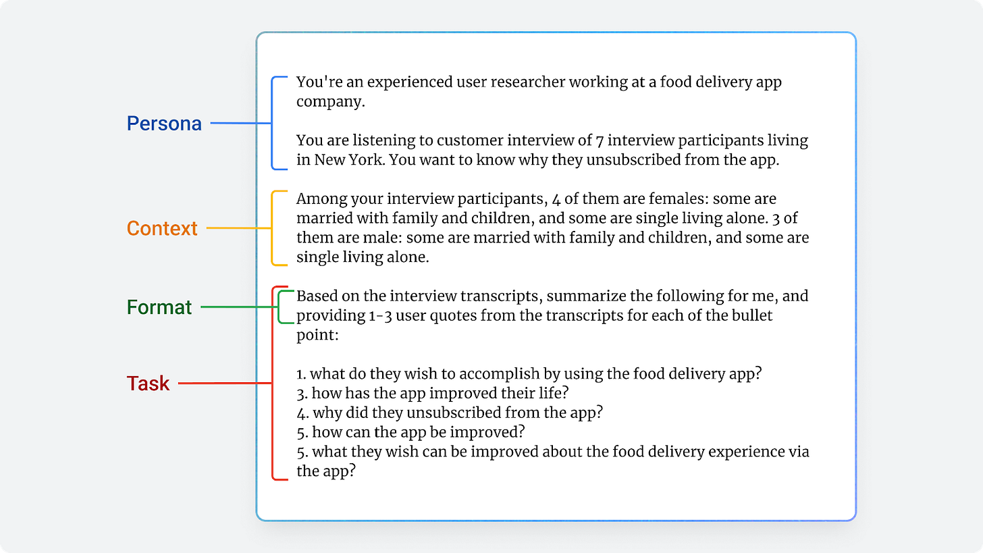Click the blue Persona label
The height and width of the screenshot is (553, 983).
click(164, 124)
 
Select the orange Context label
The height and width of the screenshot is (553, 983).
click(162, 228)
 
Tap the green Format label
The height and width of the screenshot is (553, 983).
click(159, 307)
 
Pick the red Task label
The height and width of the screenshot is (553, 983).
click(149, 384)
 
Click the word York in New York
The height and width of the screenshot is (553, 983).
click(365, 161)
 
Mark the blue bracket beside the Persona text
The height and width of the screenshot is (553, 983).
click(273, 124)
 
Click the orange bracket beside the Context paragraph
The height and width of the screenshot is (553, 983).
click(273, 228)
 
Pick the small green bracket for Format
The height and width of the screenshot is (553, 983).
click(280, 307)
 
